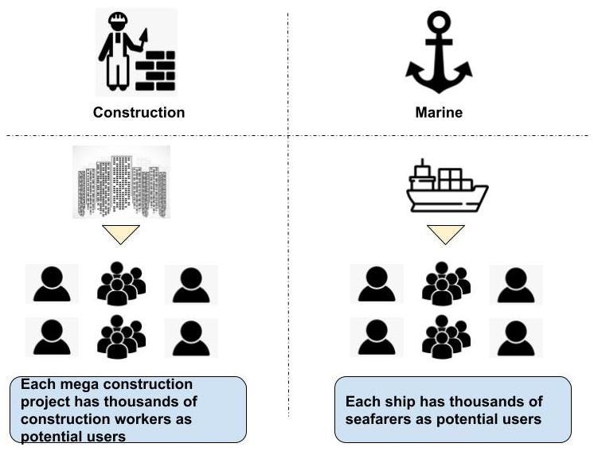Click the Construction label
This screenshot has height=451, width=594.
point(139,112)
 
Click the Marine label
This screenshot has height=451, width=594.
point(439,112)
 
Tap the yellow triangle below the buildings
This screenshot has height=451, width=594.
point(121,234)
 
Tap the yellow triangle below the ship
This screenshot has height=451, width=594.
point(445,234)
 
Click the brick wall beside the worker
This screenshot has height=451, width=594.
point(155,70)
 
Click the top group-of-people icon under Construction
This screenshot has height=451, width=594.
point(121,283)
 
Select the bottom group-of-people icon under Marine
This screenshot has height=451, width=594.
point(446,337)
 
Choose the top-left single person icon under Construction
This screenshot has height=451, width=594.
point(53,284)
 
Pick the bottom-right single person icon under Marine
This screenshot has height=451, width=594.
point(515,337)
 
